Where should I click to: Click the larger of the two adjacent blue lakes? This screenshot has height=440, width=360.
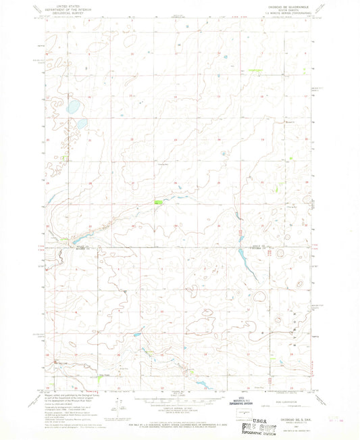click(74, 106)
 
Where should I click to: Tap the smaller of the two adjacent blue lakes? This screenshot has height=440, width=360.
click(81, 124)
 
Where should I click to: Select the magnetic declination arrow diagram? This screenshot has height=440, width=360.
click(119, 406)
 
